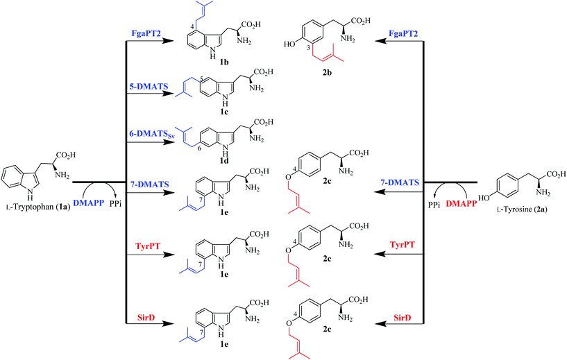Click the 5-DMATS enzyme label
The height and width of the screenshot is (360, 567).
click(148, 87)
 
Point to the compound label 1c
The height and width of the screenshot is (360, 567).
click(224, 112)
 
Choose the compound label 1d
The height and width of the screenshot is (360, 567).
click(224, 160)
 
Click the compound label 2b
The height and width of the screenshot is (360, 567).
click(327, 73)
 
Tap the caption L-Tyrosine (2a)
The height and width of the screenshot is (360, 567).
click(521, 209)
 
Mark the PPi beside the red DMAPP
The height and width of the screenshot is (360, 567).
click(434, 204)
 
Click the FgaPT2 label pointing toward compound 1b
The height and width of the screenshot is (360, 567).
click(146, 33)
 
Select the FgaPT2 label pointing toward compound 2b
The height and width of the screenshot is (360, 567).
click(403, 33)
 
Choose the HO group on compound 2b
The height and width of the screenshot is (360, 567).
click(289, 44)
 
